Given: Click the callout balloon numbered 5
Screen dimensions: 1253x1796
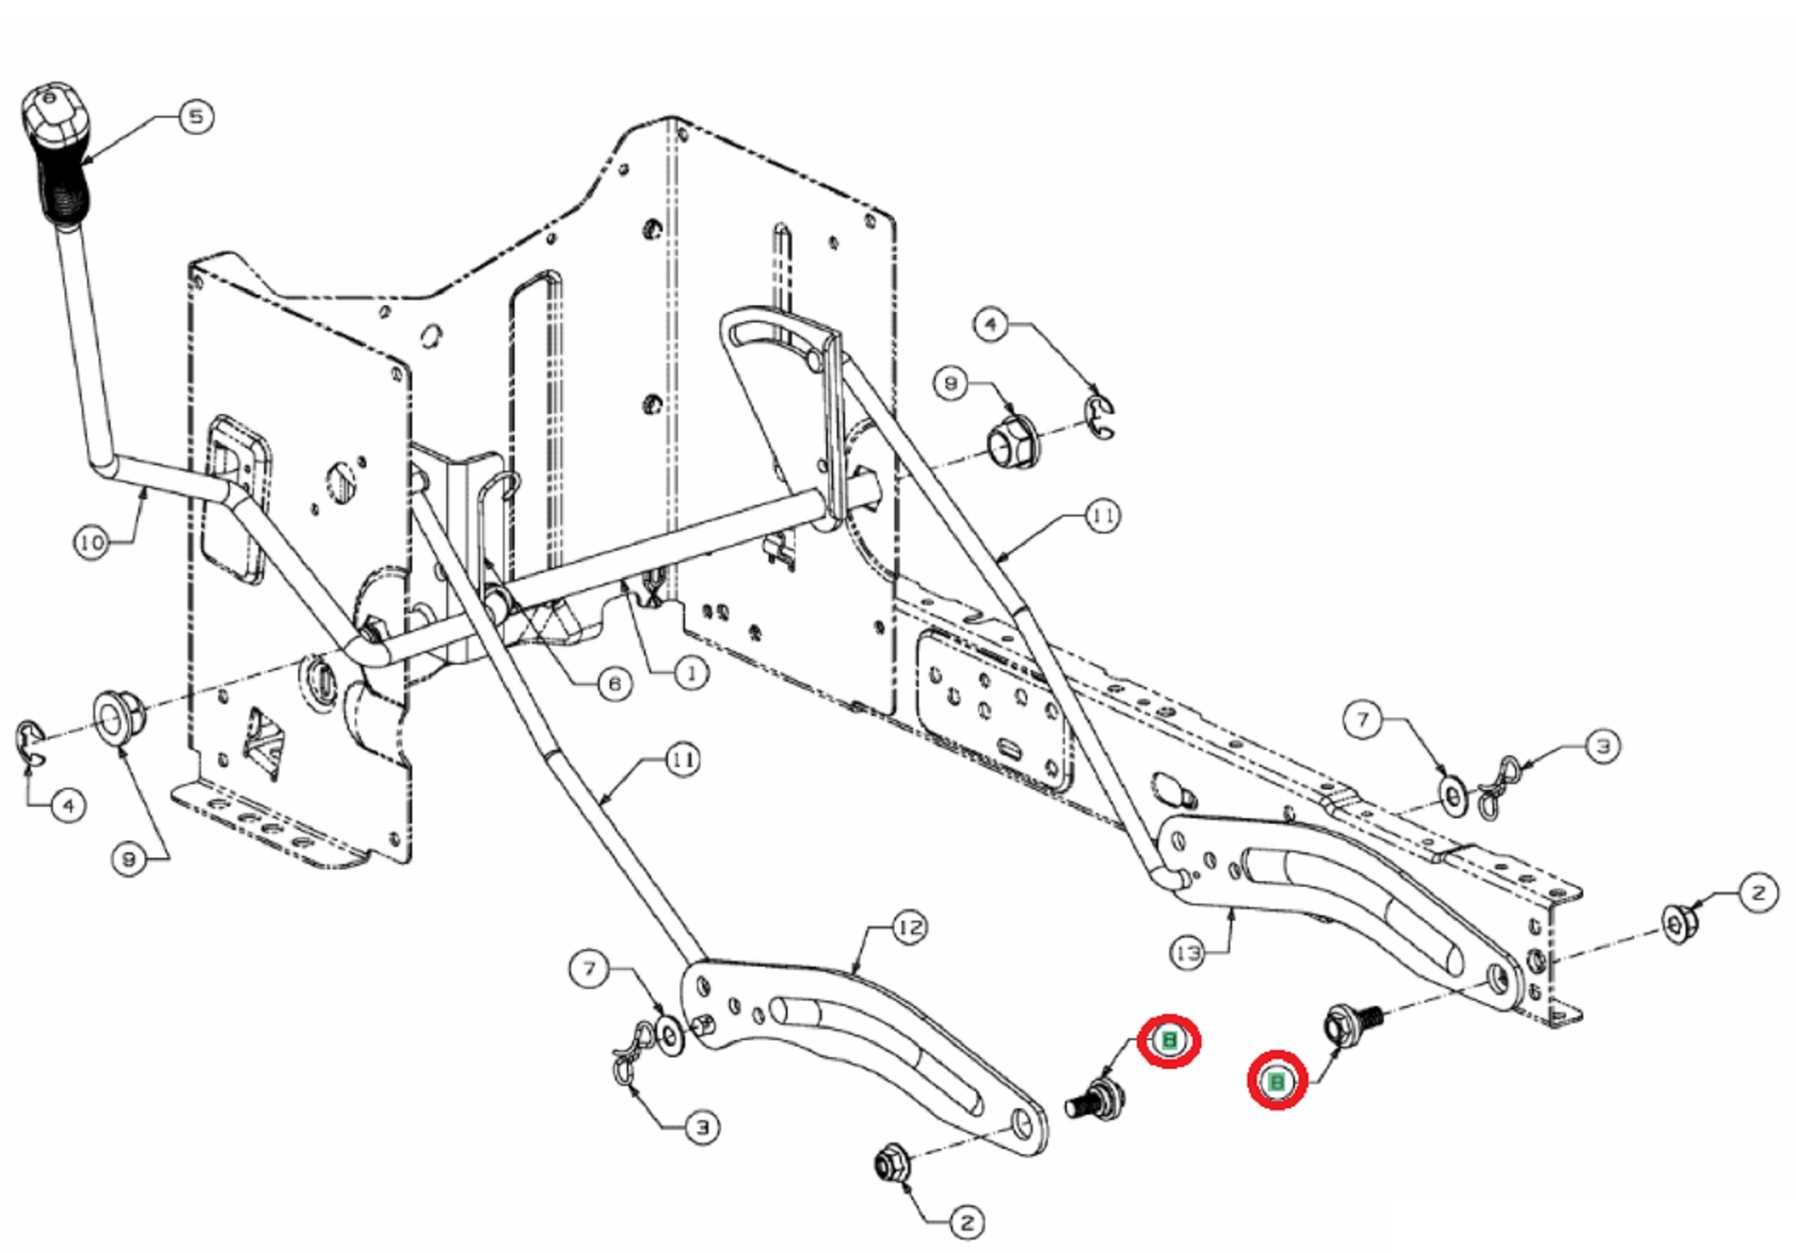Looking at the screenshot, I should point(196,117).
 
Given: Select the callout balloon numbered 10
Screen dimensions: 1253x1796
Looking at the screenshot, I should point(91,543).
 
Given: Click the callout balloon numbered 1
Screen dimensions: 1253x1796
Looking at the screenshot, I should point(691,673).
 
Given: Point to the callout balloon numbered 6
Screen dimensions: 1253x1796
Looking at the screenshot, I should point(614,684).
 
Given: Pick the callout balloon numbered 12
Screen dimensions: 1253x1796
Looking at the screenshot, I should point(909,928).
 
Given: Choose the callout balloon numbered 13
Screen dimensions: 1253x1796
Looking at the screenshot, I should point(1187,953).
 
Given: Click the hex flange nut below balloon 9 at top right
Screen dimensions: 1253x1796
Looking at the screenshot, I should point(1012,443).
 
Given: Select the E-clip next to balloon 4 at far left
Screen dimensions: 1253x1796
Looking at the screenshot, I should point(30,745).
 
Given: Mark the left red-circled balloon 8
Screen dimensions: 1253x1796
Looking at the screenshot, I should point(1168,1040).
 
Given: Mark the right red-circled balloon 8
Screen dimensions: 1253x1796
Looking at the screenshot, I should point(1276,1081).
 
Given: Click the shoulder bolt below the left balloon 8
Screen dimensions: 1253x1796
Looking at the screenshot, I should point(1097,1099).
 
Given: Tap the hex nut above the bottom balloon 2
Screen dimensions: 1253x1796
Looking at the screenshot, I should point(893,1164).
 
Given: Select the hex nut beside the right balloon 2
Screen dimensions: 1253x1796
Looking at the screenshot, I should point(1676,923).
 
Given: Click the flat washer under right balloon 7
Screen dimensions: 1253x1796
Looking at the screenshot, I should point(1454,797).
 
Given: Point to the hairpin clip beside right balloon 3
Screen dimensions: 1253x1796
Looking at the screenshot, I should point(1498,787).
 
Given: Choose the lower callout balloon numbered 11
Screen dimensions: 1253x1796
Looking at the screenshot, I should point(682,760).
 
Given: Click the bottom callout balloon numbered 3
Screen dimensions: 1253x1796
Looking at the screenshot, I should point(702,1127).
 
